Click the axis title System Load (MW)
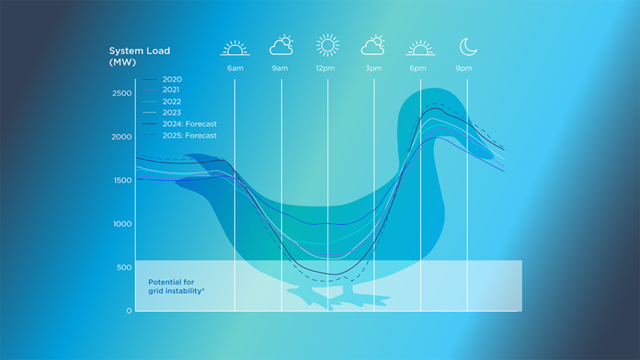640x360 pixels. point(139,57)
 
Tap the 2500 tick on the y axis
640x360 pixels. point(122,94)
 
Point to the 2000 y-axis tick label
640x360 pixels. point(122,137)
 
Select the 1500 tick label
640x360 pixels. point(122,181)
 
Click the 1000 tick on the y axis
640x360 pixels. point(122,224)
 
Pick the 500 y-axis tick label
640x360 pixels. point(125,267)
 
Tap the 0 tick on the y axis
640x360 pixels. point(129,311)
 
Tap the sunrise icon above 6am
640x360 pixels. point(235,47)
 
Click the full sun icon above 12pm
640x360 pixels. point(327,46)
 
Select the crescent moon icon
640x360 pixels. point(468,46)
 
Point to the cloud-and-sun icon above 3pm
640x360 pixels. point(373,46)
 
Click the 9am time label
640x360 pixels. point(280,68)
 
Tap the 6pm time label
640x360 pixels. point(418,68)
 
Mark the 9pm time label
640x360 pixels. point(464,68)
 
